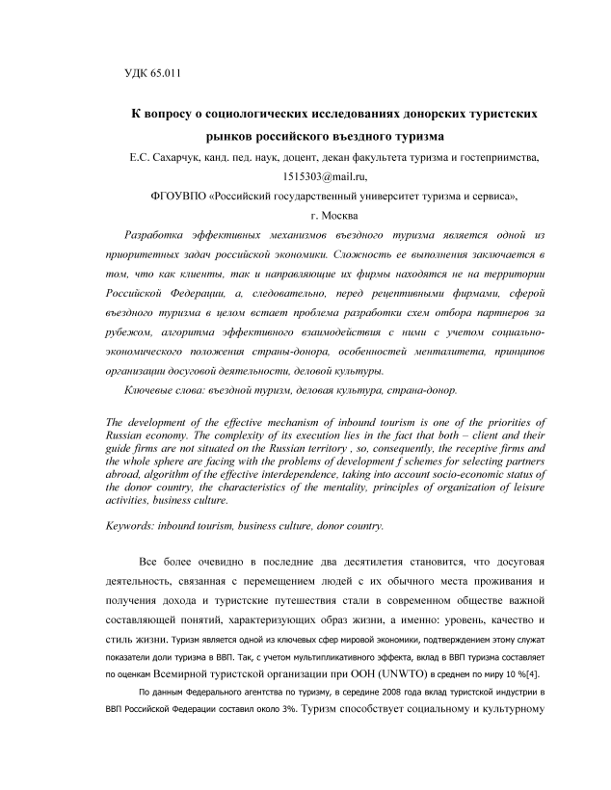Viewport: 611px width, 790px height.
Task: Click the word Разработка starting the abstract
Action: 156,236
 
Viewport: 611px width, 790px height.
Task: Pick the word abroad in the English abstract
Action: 121,475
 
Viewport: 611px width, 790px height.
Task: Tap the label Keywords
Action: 132,526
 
